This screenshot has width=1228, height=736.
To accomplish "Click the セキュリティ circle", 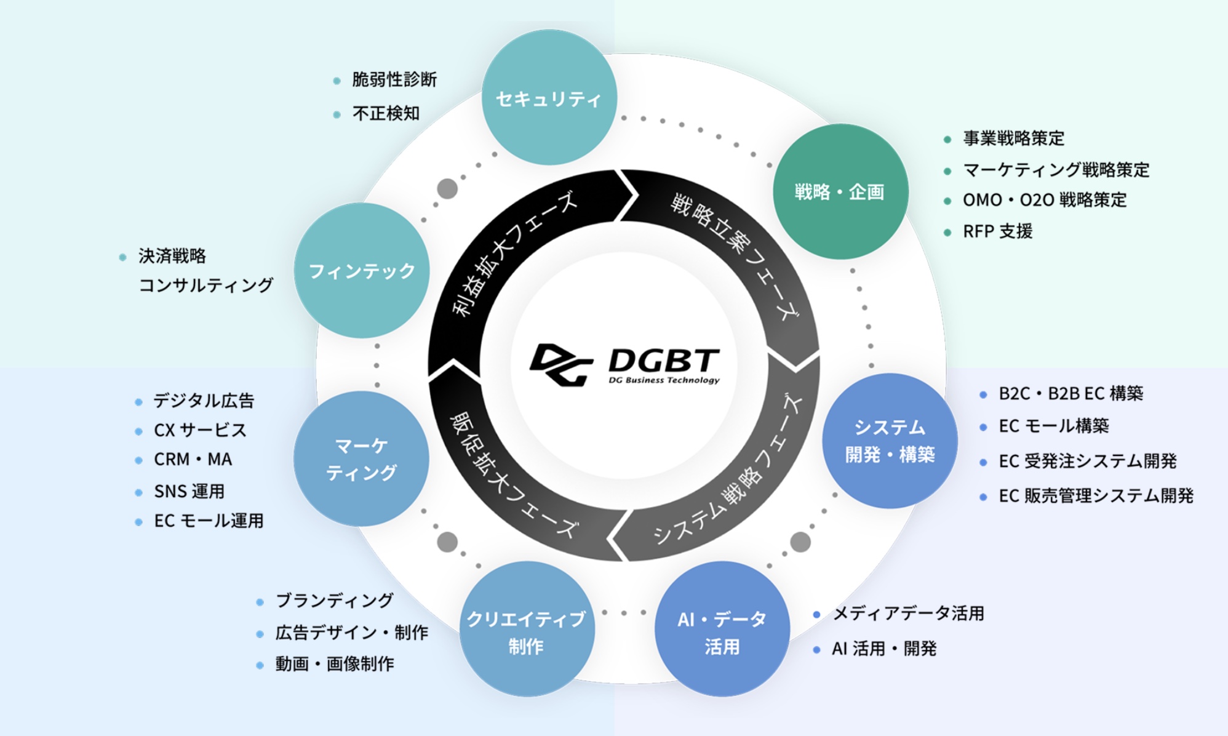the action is click(x=549, y=97).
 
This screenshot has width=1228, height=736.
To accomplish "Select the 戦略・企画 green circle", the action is click(x=840, y=191).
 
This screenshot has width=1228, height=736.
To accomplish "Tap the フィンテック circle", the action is click(x=362, y=271).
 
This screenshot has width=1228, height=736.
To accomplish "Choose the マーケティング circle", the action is click(x=362, y=458).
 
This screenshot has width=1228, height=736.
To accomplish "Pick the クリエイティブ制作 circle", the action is click(x=527, y=629).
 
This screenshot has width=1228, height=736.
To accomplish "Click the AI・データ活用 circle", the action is click(x=722, y=629).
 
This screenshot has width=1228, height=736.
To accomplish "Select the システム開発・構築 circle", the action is click(x=890, y=441).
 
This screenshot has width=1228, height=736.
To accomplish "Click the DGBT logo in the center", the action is click(x=624, y=365).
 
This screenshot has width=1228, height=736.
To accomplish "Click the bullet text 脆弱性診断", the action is click(x=394, y=79).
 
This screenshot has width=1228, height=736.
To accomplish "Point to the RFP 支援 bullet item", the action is click(x=997, y=231).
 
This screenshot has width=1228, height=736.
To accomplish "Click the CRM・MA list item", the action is click(x=193, y=460).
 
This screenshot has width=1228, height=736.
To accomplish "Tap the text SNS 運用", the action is click(x=189, y=491).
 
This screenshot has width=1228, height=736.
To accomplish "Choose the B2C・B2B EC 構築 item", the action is click(x=1071, y=393).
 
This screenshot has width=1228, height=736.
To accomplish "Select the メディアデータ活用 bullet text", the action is click(x=908, y=614).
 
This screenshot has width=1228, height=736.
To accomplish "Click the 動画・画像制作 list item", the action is click(x=335, y=664).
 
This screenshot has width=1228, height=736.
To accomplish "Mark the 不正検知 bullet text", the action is click(x=386, y=113).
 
